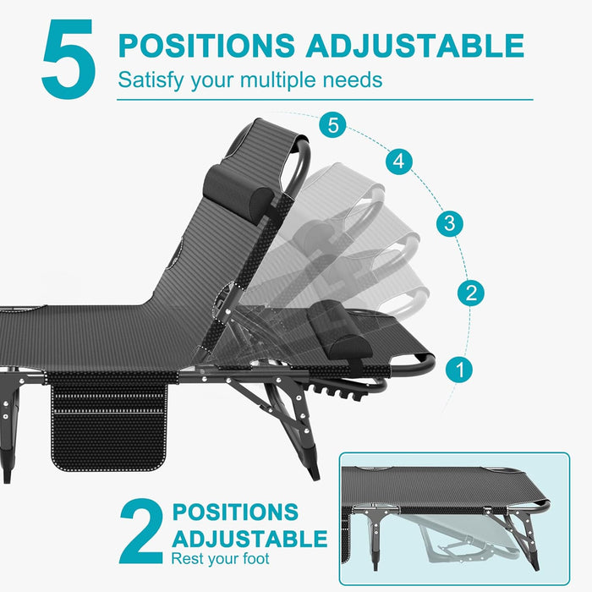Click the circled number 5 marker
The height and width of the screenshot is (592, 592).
coord(333,125)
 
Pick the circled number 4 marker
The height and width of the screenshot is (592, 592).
coord(400,161)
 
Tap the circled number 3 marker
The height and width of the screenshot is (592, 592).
coord(450,224)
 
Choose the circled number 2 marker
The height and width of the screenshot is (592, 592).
coord(471,293)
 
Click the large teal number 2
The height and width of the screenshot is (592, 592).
coord(140,531)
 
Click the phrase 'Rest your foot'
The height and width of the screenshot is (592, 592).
coord(220,559)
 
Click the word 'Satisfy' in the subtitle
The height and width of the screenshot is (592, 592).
coord(149,81)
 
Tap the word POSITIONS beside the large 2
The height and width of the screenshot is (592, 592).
coord(235,513)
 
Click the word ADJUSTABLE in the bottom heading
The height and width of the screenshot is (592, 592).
coord(249,538)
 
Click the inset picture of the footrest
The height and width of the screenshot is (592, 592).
coord(454,518)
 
